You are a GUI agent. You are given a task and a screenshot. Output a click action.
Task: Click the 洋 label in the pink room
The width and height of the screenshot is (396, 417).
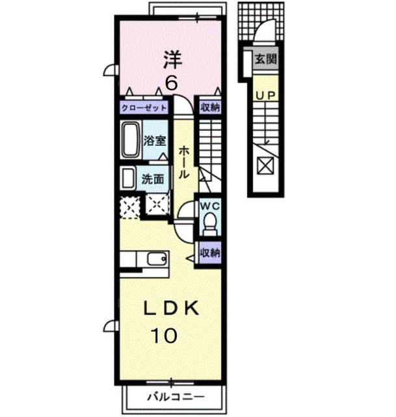click(x=172, y=59)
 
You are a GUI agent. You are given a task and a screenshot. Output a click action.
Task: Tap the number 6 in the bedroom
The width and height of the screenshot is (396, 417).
click(x=172, y=83)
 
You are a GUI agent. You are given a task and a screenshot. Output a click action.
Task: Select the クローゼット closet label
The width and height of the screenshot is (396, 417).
click(x=144, y=108)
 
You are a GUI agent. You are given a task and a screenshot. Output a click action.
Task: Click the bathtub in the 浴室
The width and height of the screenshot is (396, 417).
click(x=131, y=140)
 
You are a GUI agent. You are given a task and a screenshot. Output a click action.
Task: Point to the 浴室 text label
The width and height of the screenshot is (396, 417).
click(x=155, y=141)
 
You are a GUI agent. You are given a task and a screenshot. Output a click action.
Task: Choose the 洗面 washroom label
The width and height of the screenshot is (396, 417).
click(x=153, y=179)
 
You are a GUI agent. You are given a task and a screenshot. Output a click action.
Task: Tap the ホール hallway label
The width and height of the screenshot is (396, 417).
click(x=184, y=162)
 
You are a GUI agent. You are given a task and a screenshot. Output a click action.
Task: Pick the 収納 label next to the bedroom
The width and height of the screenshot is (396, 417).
click(x=210, y=108)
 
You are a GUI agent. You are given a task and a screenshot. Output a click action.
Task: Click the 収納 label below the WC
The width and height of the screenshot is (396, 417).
click(x=210, y=253)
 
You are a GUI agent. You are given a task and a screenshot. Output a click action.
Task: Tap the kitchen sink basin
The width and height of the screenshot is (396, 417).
click(x=157, y=259)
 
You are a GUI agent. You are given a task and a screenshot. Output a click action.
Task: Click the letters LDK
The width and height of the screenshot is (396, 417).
click(x=171, y=308)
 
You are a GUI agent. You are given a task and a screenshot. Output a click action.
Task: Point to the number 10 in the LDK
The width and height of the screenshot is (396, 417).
click(x=164, y=336)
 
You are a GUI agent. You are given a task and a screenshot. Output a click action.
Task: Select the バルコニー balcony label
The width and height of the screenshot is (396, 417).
click(x=176, y=397)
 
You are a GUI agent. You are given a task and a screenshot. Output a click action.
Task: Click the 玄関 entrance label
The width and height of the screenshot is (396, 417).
click(x=265, y=59)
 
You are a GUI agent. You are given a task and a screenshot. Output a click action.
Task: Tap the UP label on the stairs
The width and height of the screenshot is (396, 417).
click(x=265, y=95)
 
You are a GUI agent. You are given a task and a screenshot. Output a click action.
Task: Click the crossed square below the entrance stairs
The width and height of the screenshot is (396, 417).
click(x=265, y=166)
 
